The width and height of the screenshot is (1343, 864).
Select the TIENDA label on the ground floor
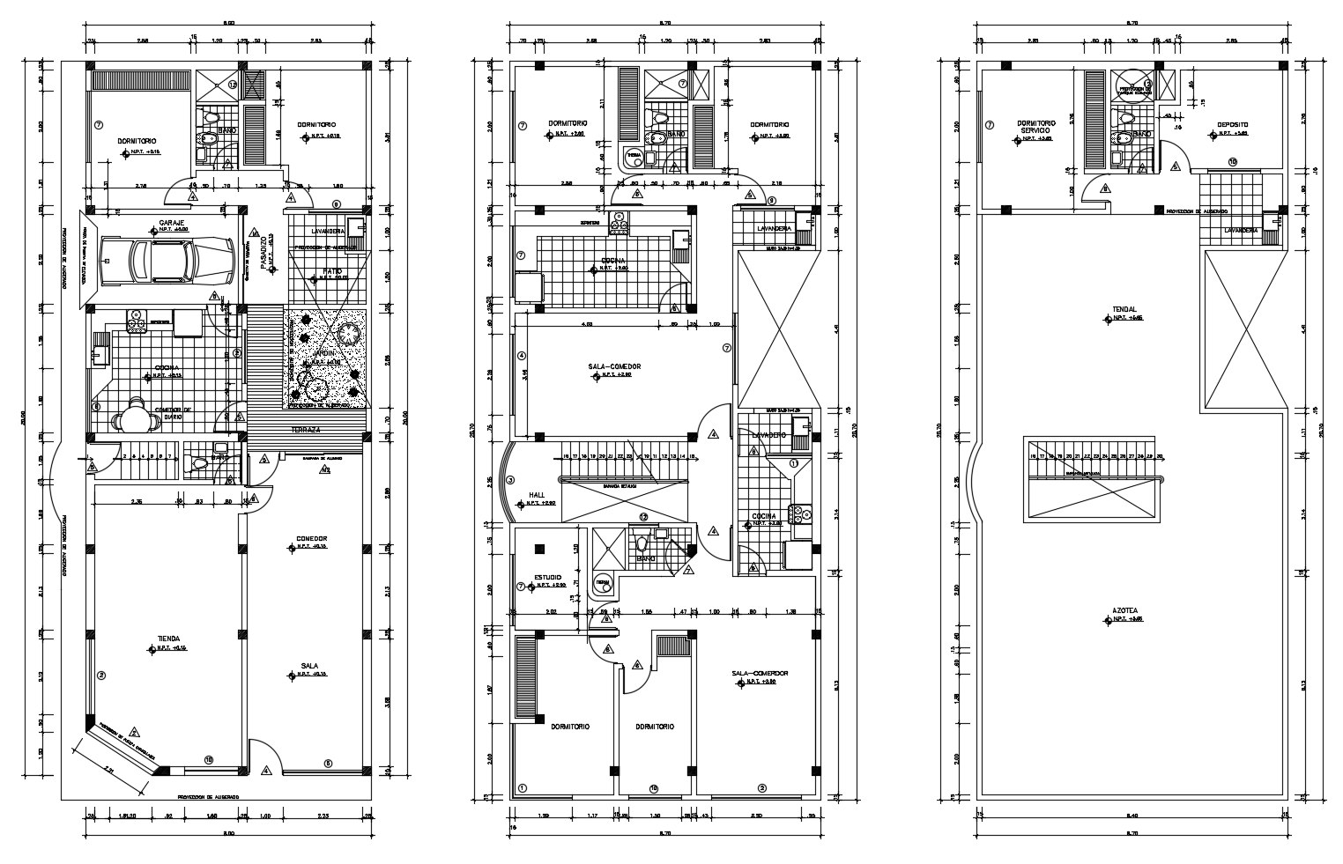click(x=169, y=639)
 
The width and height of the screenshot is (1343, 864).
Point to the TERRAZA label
click(x=307, y=430)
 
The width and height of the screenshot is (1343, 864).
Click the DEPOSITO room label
click(x=1233, y=125)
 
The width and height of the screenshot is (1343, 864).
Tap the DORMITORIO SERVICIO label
click(x=1036, y=127)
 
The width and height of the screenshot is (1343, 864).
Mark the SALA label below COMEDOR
click(x=308, y=666)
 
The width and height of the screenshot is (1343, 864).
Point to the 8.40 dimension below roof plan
click(x=1131, y=815)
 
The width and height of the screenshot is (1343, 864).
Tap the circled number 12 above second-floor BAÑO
click(x=643, y=517)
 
